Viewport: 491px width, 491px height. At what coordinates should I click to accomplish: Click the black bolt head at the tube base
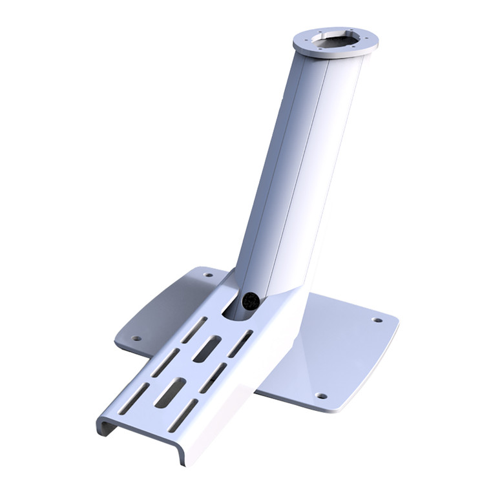point(250,300)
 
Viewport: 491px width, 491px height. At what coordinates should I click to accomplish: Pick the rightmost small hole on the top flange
point(369,40)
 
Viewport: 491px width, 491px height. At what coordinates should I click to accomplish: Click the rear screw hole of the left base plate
point(207,275)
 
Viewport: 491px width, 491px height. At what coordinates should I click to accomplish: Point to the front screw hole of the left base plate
point(136,337)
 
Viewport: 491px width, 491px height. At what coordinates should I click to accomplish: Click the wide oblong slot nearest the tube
point(207,350)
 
